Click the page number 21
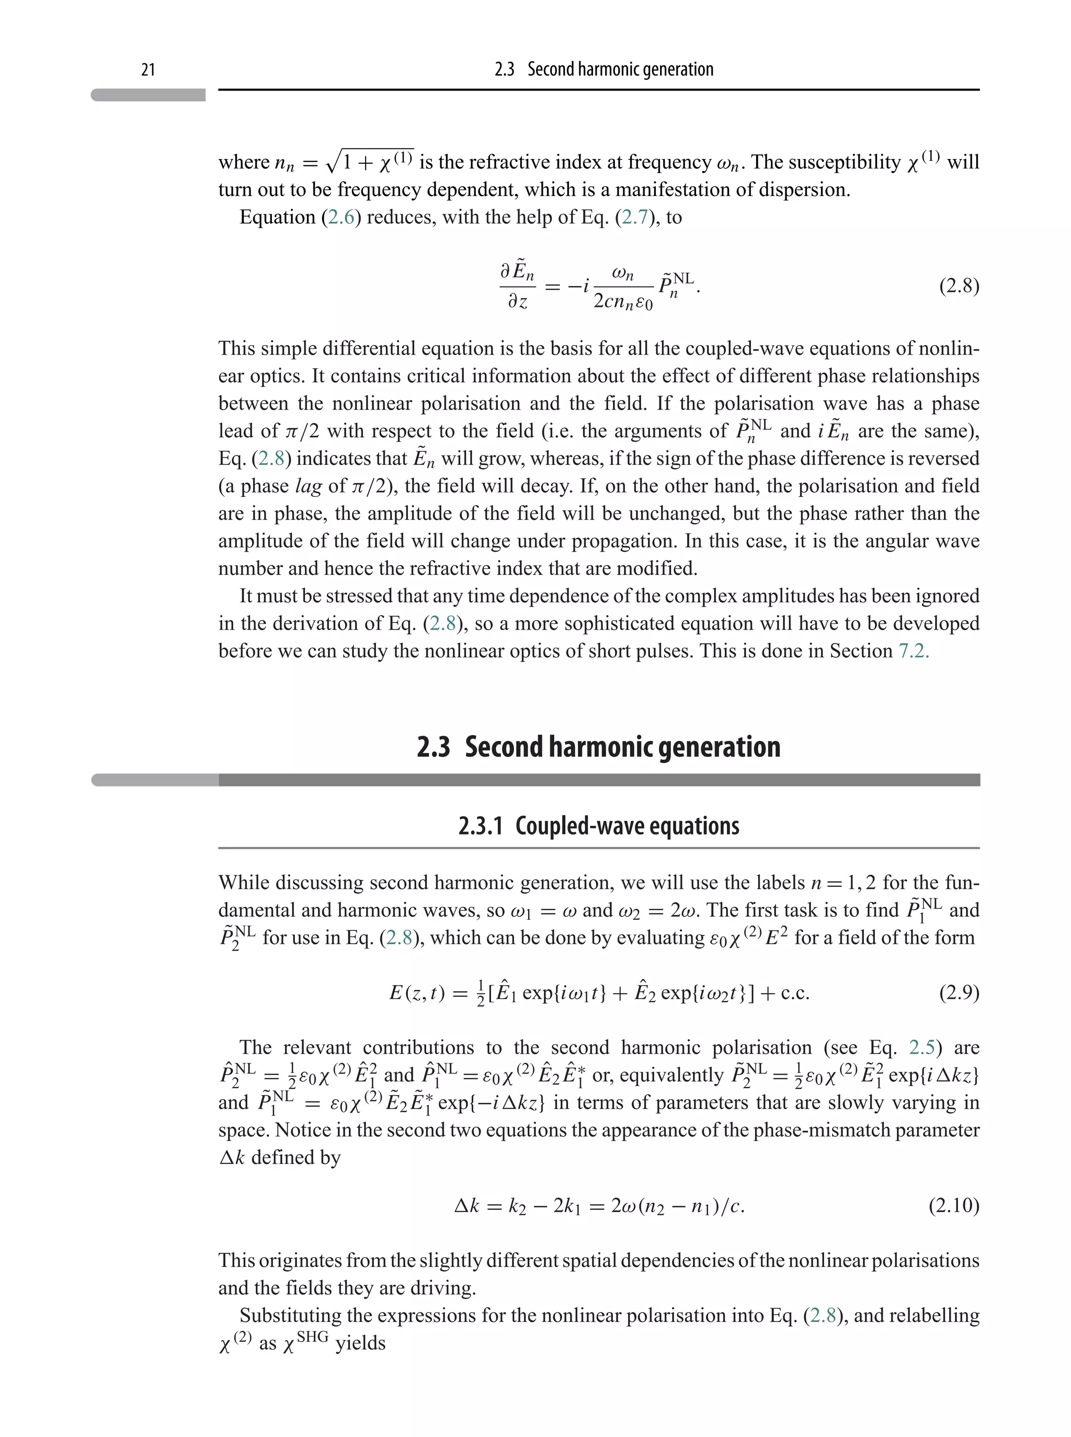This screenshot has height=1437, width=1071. [x=148, y=70]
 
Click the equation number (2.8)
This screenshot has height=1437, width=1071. [x=959, y=286]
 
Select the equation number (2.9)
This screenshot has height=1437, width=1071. [x=959, y=993]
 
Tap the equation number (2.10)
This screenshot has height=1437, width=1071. [x=954, y=1205]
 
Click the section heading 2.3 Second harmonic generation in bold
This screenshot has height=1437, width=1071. [x=598, y=747]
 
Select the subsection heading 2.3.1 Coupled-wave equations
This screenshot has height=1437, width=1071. [x=598, y=826]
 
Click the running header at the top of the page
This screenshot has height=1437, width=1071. [x=603, y=70]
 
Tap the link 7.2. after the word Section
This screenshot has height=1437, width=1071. [x=914, y=651]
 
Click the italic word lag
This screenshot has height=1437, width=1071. [x=309, y=486]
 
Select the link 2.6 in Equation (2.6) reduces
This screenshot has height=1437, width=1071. [x=341, y=217]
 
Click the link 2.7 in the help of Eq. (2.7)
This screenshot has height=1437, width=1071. [x=635, y=217]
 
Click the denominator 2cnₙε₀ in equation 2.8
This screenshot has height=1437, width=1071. [x=622, y=301]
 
